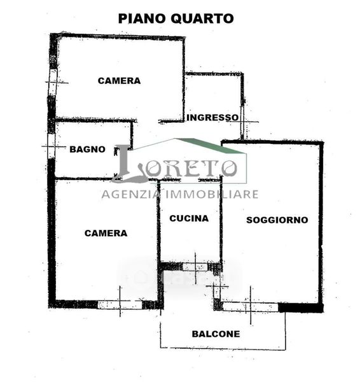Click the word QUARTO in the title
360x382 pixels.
click(x=202, y=18)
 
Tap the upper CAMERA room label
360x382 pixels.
click(x=120, y=81)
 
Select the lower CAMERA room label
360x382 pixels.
click(x=106, y=233)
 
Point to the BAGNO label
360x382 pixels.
click(x=87, y=149)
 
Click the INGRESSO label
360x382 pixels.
click(x=212, y=117)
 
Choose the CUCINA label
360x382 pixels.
click(x=189, y=218)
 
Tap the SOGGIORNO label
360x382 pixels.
click(x=277, y=220)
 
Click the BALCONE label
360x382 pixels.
click(x=216, y=334)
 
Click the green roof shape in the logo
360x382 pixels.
click(x=212, y=145)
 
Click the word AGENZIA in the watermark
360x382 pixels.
click(x=131, y=194)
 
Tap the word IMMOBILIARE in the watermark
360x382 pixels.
click(x=212, y=194)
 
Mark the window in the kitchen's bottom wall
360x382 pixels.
click(x=195, y=267)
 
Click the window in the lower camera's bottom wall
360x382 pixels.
click(x=120, y=305)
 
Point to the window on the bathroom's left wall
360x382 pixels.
click(x=51, y=146)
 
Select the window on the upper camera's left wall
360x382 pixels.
click(x=53, y=82)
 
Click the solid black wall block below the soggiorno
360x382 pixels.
click(x=301, y=308)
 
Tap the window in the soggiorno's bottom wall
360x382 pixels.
click(x=251, y=307)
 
